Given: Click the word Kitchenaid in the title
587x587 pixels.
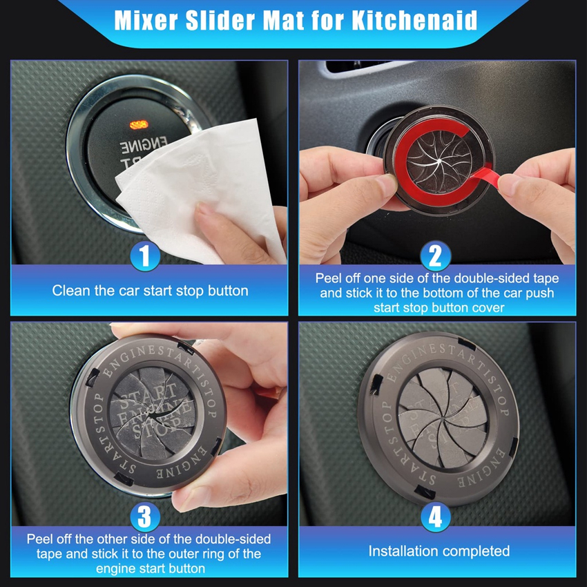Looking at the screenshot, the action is [x=414, y=20].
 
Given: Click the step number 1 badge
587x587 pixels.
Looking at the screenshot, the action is [x=145, y=256].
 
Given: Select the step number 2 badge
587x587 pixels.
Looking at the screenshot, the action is [x=435, y=256].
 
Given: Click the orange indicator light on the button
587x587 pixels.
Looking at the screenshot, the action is [x=139, y=125].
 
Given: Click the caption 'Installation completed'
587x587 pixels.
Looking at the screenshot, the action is [x=439, y=551].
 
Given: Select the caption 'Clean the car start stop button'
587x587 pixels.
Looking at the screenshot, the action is [x=150, y=291].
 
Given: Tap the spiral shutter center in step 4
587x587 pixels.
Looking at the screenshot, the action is [x=442, y=416].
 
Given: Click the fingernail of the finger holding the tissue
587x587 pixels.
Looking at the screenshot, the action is [x=206, y=208].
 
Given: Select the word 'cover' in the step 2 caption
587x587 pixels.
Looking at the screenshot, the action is [x=488, y=308].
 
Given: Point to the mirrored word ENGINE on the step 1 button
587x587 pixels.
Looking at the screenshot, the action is [x=143, y=145].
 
